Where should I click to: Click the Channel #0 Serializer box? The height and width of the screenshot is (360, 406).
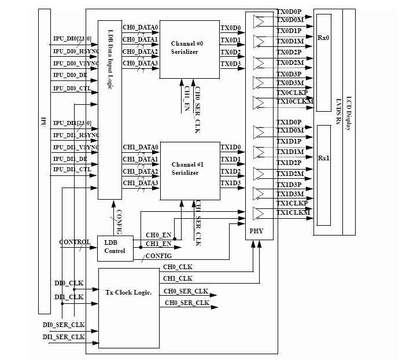[x=189, y=49]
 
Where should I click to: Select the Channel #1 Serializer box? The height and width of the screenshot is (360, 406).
[x=189, y=169]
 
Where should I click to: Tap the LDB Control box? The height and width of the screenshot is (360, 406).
[x=115, y=247]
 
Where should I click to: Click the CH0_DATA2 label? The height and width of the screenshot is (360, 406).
[x=140, y=52]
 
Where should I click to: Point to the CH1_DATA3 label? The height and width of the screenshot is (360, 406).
[x=140, y=183]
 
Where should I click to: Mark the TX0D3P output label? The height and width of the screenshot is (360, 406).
[x=289, y=74]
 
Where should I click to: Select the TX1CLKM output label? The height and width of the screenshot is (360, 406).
[x=294, y=213]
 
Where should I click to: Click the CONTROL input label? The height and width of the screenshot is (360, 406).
[x=75, y=243]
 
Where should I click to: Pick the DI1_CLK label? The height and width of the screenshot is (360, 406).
[x=68, y=296]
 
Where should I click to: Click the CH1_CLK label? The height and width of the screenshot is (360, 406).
[x=178, y=278]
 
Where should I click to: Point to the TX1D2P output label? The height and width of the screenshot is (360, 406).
[x=289, y=163]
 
